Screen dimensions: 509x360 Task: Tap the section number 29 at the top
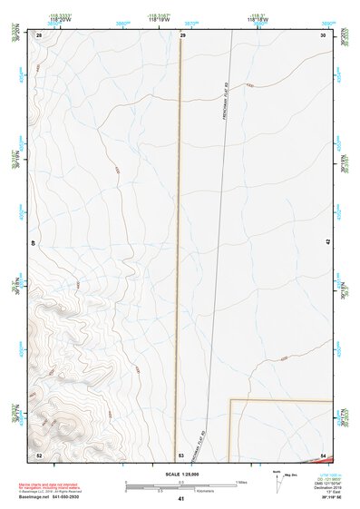(x=182, y=35)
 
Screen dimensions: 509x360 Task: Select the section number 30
(x=324, y=35)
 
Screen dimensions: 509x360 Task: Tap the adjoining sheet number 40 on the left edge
(x=34, y=243)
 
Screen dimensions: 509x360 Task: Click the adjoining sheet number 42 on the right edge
(x=328, y=242)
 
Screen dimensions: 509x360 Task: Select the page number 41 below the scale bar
(x=181, y=500)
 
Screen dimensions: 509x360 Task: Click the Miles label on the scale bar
(x=242, y=481)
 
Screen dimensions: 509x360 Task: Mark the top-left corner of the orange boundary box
(x=229, y=399)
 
